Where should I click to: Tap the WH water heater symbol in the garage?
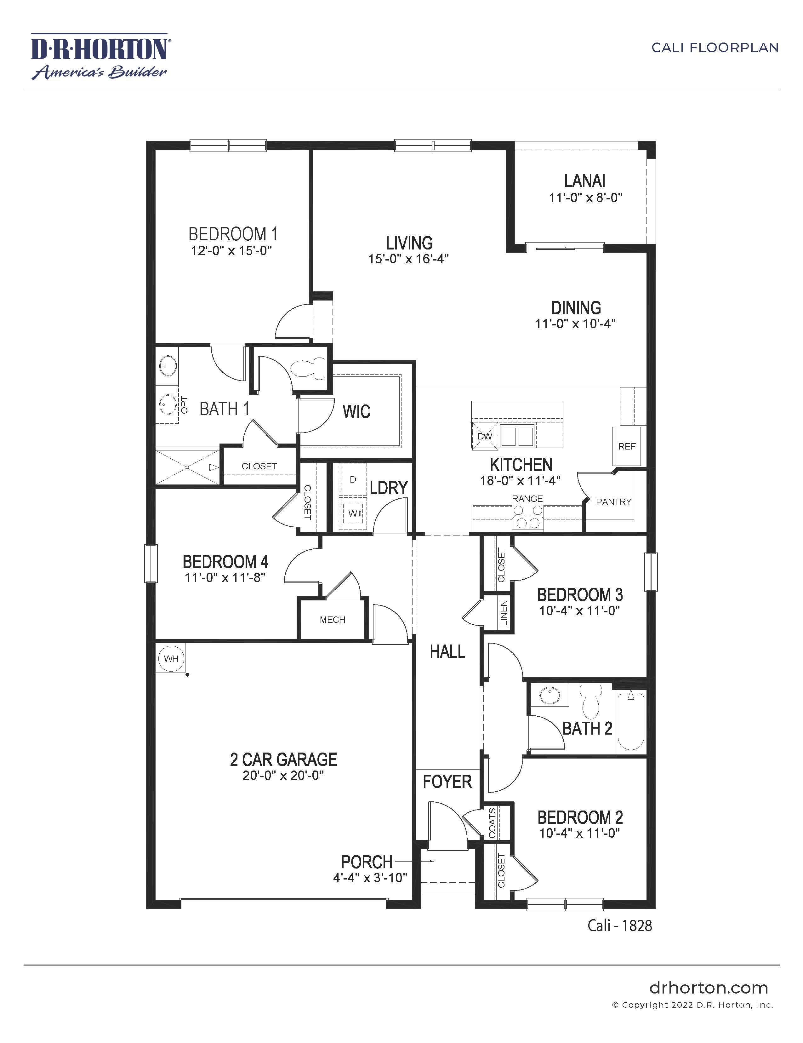(171, 659)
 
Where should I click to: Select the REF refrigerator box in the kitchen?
(627, 446)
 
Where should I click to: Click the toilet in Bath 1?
(309, 368)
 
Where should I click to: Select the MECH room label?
(332, 620)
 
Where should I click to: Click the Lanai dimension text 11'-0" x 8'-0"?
(585, 198)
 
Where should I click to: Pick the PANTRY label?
(613, 502)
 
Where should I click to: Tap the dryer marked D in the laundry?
(353, 479)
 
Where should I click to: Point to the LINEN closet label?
(504, 613)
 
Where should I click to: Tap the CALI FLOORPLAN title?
(715, 48)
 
